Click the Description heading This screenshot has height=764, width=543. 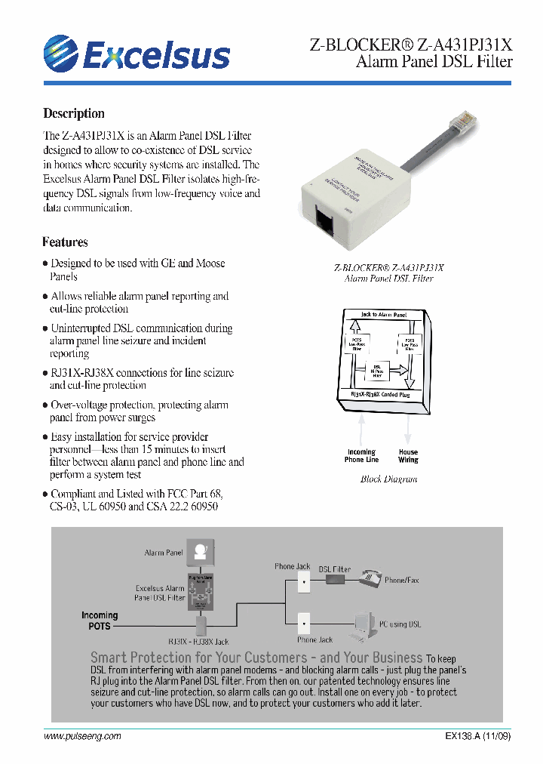(74, 113)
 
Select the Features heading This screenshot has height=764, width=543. (65, 242)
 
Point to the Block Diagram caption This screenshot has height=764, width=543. (388, 479)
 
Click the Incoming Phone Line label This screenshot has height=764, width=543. (361, 456)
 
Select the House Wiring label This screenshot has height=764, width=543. (408, 456)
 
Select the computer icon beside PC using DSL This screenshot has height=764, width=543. (365, 622)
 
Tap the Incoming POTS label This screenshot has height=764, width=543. (100, 621)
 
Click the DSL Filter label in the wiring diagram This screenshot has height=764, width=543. (334, 568)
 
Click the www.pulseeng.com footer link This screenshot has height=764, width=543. (82, 736)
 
